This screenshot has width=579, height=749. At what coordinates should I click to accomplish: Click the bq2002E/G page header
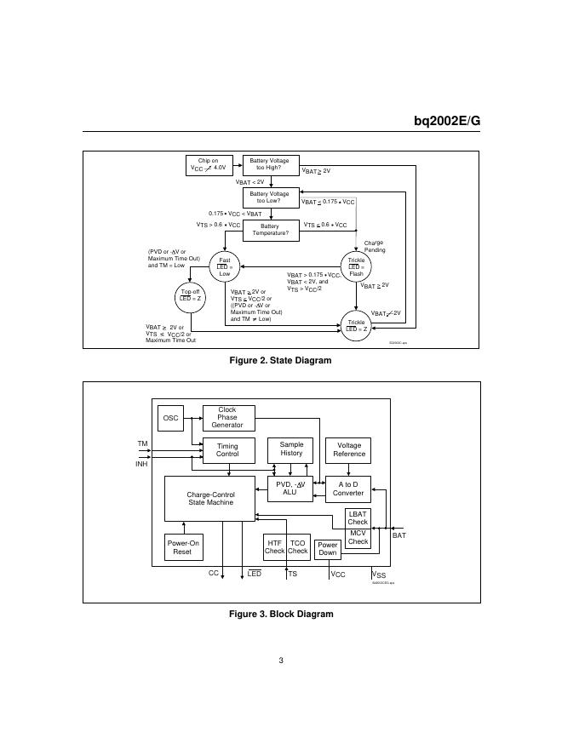coord(447,121)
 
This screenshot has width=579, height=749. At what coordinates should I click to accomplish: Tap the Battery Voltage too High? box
coord(269,164)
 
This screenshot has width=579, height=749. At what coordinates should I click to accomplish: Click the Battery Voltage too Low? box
coord(269,197)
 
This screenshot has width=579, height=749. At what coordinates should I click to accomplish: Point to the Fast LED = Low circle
coord(225,267)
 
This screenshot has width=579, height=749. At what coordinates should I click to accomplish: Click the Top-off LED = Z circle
coord(191,294)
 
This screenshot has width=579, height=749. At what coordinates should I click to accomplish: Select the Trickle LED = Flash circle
coord(356,267)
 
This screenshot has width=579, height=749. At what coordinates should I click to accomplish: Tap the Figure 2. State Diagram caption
coord(281,361)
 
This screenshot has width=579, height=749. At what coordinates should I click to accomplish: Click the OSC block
coord(171,418)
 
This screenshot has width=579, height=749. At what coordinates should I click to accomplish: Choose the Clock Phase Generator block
coord(228,418)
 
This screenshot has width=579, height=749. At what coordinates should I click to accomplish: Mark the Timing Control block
coord(227,450)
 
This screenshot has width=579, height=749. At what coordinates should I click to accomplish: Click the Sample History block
coord(291,449)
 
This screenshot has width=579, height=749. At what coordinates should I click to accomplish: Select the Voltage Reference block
coord(349,449)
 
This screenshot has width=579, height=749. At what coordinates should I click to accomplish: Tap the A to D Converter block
coord(348,489)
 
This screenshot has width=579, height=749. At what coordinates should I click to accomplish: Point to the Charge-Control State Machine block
coord(210,499)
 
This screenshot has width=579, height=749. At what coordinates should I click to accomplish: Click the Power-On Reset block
coord(182,547)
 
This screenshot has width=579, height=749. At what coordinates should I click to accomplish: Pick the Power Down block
coord(328,549)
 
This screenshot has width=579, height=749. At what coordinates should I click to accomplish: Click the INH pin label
coord(141,465)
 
